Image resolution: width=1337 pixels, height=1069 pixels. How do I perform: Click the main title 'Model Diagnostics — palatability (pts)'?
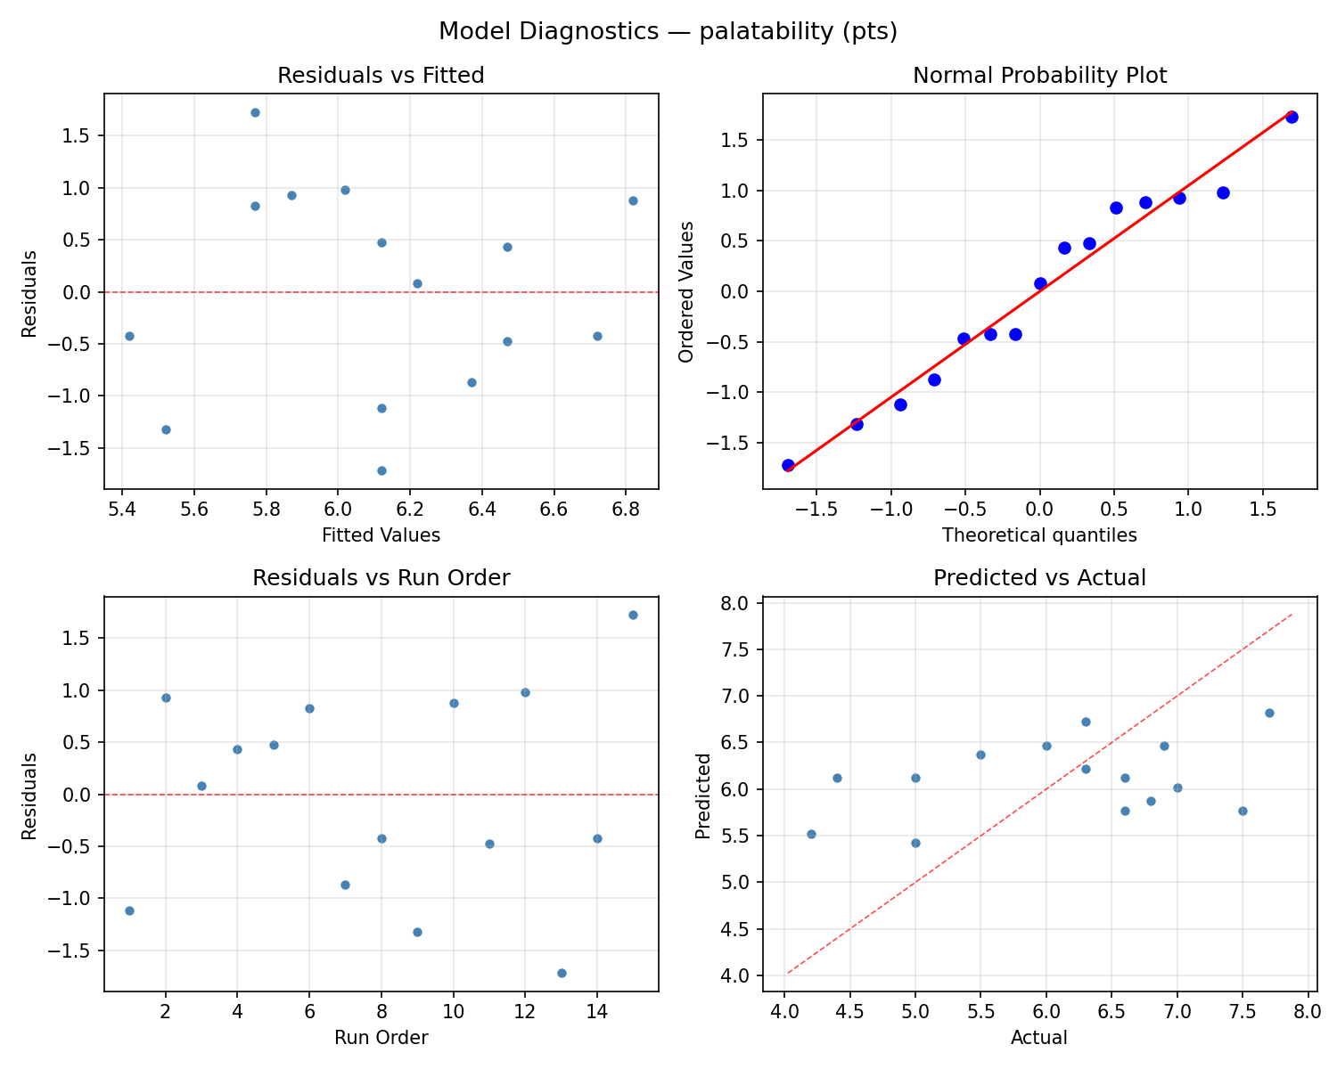(x=668, y=32)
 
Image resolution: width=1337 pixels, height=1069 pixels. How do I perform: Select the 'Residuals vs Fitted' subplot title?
(x=381, y=76)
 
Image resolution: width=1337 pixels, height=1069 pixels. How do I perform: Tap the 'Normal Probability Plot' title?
(x=1039, y=76)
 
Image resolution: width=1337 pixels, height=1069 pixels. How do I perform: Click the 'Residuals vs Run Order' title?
(x=381, y=578)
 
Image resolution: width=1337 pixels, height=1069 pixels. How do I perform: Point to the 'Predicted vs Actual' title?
(x=1039, y=578)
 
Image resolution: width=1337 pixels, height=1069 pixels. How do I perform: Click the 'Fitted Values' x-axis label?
(x=381, y=535)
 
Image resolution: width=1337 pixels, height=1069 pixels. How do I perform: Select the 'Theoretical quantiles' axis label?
(x=1039, y=535)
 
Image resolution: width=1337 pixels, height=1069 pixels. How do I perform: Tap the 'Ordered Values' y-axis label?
(x=685, y=292)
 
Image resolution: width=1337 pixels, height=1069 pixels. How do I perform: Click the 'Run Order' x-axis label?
(x=381, y=1038)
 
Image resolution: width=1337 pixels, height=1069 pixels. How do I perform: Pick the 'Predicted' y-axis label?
(x=703, y=795)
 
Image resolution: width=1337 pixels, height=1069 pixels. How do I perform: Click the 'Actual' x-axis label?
(x=1039, y=1038)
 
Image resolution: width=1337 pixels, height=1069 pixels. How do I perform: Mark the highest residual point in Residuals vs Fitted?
(x=255, y=112)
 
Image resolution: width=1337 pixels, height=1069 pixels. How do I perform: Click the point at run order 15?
(x=633, y=615)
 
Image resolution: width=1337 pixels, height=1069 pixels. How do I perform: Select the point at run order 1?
(x=129, y=910)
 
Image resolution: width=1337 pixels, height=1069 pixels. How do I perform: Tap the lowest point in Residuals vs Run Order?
(x=562, y=973)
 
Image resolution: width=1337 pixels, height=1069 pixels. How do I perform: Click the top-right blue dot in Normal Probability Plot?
(x=1292, y=117)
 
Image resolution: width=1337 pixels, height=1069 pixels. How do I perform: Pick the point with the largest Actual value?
(x=1269, y=713)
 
